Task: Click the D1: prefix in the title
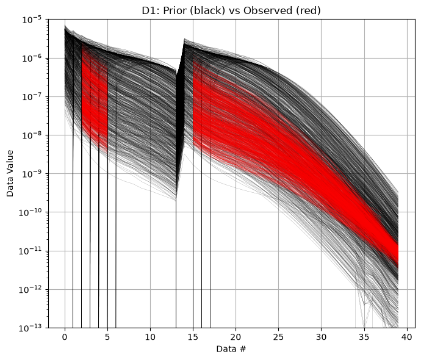coord(151,10)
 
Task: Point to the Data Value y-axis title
coord(10,173)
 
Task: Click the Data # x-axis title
coord(231,349)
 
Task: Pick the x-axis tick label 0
coord(65,337)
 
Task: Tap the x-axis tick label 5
coord(107,337)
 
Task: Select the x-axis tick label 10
coord(150,337)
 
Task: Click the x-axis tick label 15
coord(193,337)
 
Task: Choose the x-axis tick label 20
coord(236,337)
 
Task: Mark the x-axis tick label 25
coord(278,337)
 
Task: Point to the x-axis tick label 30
coord(322,337)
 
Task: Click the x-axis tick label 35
coord(364,337)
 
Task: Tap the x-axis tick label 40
coord(407,337)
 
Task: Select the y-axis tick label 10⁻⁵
coord(32,20)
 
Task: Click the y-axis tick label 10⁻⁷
coord(32,96)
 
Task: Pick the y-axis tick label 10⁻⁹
coord(32,174)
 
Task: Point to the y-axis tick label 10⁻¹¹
coord(31,251)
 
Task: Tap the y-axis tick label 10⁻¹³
coord(31,328)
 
